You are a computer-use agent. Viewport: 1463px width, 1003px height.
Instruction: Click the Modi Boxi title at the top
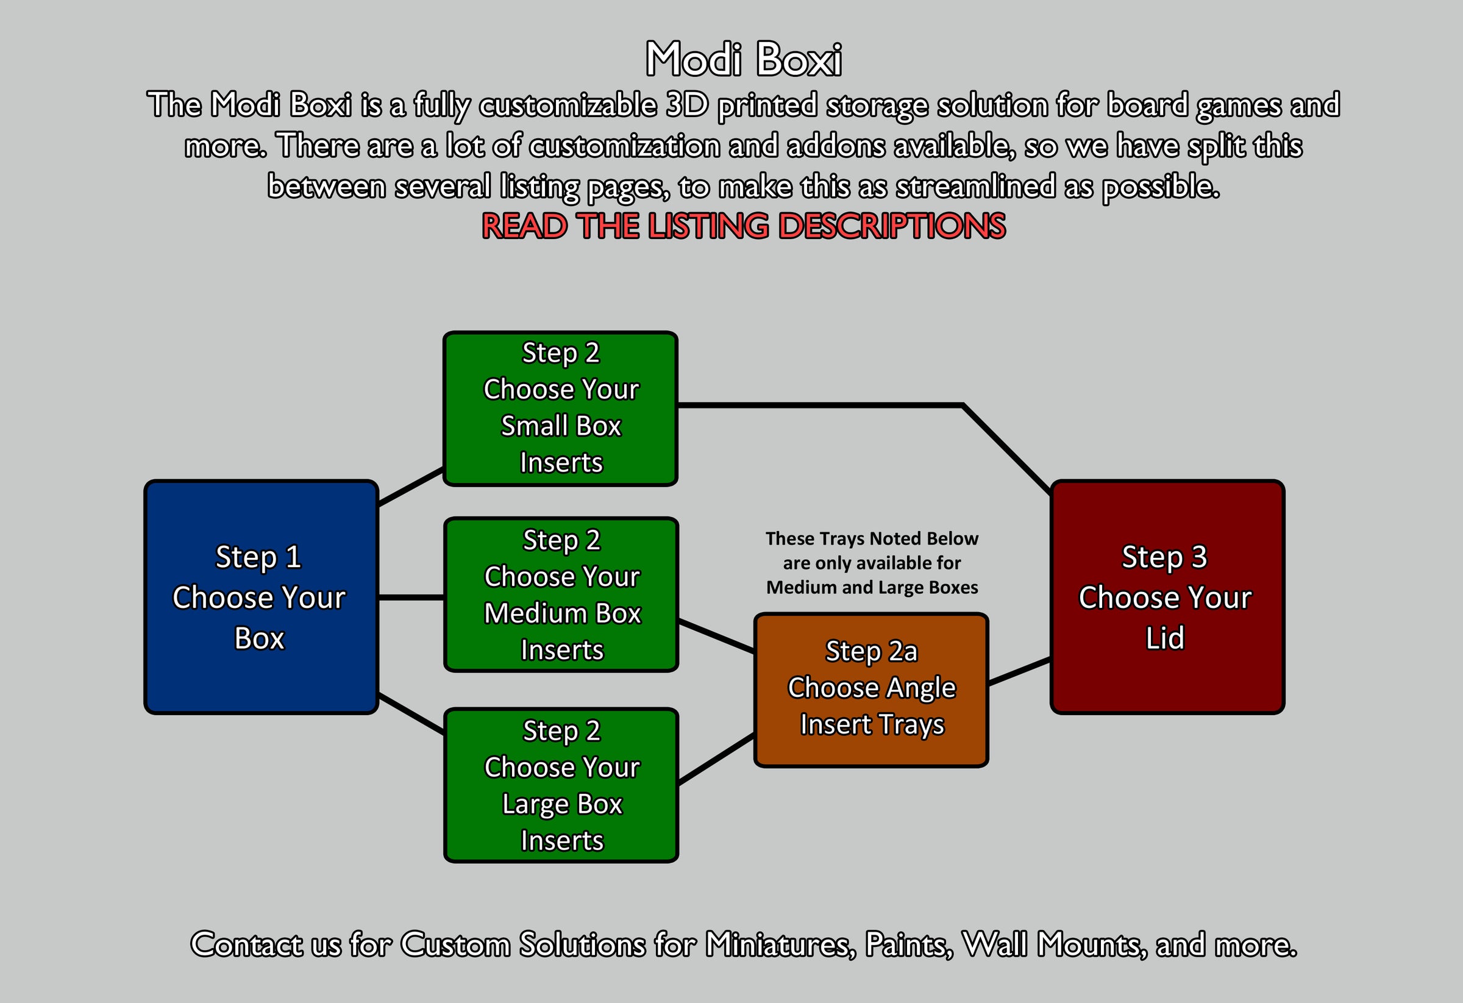[744, 60]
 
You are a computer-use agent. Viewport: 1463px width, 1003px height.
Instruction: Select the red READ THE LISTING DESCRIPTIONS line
[744, 226]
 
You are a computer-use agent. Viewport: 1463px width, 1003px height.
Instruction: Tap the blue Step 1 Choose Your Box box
[261, 597]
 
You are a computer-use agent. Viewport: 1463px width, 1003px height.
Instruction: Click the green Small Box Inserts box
[560, 409]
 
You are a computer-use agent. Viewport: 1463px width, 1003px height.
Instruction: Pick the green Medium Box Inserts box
[561, 595]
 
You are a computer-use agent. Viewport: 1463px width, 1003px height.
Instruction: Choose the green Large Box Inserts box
[561, 785]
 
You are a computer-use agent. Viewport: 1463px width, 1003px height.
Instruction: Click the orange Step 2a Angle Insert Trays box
[870, 690]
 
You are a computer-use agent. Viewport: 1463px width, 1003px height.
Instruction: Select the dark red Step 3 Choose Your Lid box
[1167, 597]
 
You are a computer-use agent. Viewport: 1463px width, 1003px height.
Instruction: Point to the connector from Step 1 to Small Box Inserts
[411, 486]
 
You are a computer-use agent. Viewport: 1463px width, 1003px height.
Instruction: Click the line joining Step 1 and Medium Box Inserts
[411, 597]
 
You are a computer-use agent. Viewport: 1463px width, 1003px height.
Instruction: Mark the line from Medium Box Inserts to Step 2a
[716, 636]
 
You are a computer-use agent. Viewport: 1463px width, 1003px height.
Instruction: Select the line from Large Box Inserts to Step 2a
[716, 758]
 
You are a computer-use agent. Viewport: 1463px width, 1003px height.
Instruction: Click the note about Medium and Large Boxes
[872, 563]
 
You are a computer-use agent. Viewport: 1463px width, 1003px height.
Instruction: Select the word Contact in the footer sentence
[246, 944]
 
